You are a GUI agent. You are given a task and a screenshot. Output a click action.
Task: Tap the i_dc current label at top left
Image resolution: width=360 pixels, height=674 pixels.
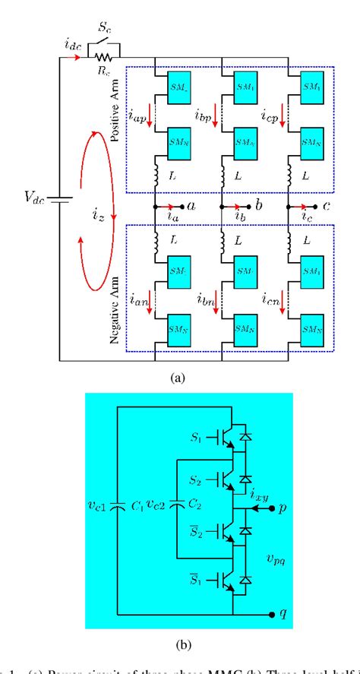[65, 45]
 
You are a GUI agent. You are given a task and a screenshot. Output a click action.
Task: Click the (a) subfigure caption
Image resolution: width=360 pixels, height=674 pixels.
[180, 375]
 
